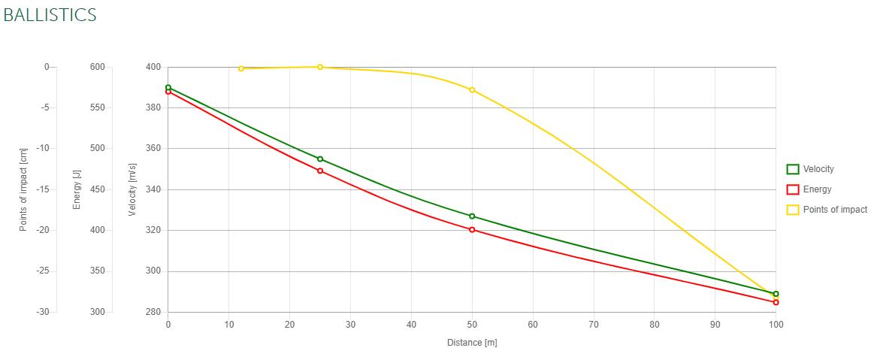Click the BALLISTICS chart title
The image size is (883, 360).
[x=50, y=15]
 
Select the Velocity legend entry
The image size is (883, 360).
[x=818, y=169]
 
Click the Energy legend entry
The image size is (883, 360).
[x=816, y=189]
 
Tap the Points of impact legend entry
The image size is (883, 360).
[x=834, y=210]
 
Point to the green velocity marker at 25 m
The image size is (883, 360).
[x=320, y=159]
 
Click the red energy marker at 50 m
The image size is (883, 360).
[x=472, y=229]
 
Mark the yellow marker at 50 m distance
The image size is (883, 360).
[x=472, y=89]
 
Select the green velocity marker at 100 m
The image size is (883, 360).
[x=776, y=294]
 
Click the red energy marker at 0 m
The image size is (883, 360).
[x=168, y=92]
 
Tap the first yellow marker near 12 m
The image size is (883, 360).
[x=241, y=68]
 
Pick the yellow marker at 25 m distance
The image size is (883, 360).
[x=320, y=67]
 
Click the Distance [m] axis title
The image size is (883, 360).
[x=472, y=343]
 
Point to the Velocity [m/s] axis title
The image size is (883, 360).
[x=132, y=189]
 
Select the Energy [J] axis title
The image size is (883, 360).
[x=77, y=190]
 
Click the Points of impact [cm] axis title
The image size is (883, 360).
[x=23, y=189]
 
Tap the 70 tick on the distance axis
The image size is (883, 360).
[x=593, y=325]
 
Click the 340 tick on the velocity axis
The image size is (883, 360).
[x=153, y=189]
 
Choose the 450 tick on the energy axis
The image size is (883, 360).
[x=98, y=189]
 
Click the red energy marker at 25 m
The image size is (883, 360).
[x=320, y=171]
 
